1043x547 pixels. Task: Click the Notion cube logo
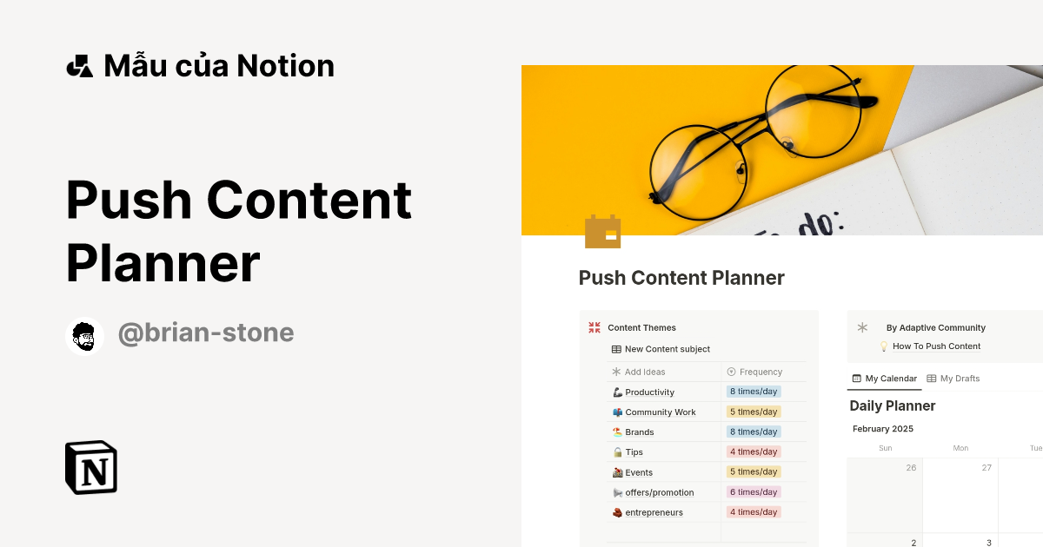click(x=91, y=467)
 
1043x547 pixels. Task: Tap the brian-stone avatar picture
click(x=84, y=336)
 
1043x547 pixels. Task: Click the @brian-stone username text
click(x=206, y=333)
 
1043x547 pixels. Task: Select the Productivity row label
click(x=649, y=392)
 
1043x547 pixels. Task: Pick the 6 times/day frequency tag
click(x=754, y=492)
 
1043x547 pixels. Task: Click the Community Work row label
click(x=660, y=412)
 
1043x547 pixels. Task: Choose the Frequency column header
click(x=761, y=372)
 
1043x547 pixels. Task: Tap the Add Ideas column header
click(x=645, y=372)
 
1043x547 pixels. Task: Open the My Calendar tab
click(x=885, y=379)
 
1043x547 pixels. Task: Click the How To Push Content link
click(x=936, y=346)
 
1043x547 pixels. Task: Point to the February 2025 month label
click(x=882, y=429)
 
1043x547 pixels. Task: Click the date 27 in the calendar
click(x=987, y=467)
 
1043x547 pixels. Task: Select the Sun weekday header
click(x=885, y=448)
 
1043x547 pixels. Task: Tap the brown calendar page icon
click(x=602, y=232)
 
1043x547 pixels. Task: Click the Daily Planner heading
click(x=892, y=405)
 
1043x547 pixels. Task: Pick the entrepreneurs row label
click(x=654, y=512)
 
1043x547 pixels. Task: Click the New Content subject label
click(x=667, y=349)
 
